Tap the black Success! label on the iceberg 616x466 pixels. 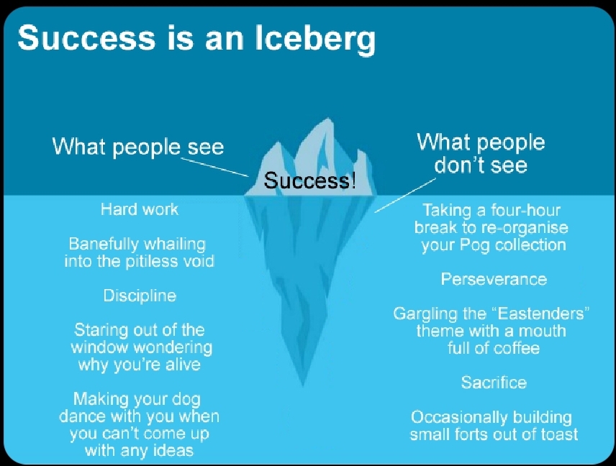[x=310, y=181]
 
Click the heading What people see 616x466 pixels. [x=138, y=147]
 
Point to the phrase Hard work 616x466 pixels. [x=140, y=209]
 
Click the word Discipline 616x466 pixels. [x=140, y=296]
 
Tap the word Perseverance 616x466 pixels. [x=494, y=279]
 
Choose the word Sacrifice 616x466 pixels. [x=494, y=383]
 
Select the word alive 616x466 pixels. [x=183, y=365]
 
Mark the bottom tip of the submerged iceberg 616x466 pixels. [x=302, y=386]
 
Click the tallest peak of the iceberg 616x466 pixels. [x=328, y=119]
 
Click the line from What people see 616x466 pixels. [x=214, y=167]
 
